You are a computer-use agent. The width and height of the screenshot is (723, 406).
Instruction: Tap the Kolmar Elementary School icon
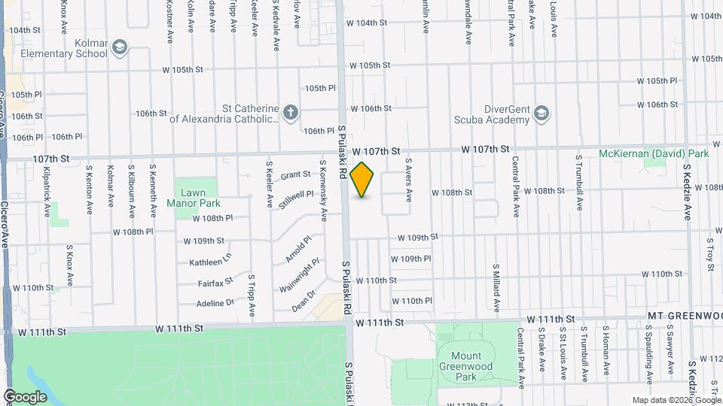click(x=119, y=49)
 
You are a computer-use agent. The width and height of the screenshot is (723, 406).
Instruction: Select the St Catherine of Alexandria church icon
click(x=291, y=113)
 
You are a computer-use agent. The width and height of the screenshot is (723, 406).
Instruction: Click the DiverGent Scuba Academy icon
click(x=540, y=114)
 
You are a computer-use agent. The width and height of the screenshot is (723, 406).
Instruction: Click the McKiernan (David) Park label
click(x=654, y=153)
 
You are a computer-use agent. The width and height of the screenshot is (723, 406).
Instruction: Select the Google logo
click(x=26, y=396)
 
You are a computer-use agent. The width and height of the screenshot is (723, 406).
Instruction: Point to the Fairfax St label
click(x=215, y=283)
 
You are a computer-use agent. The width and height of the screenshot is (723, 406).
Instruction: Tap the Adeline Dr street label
click(x=215, y=303)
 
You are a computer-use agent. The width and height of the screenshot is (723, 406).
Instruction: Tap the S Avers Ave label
click(x=409, y=180)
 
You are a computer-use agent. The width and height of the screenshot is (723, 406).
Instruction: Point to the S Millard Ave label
click(x=496, y=287)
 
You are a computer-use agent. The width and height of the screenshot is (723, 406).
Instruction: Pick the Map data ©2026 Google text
click(x=675, y=400)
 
